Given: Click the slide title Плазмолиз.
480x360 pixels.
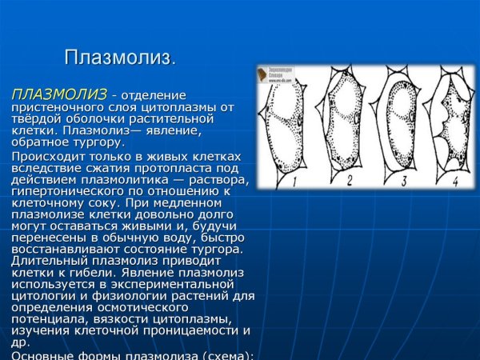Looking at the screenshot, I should tap(119, 58).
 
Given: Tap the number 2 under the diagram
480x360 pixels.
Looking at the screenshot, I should tap(349, 179).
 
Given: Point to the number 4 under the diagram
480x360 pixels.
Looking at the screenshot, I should tap(454, 181).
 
